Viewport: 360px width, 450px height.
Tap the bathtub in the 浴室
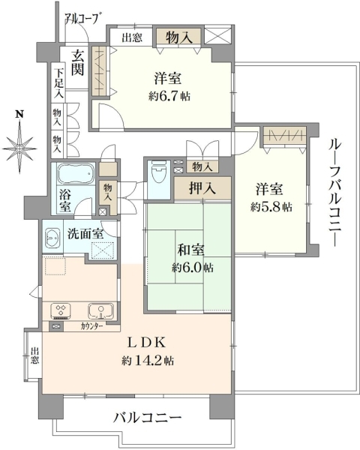pos(76,173)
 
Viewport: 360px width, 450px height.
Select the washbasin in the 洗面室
pos(52,237)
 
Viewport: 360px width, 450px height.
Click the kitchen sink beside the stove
pos(100,311)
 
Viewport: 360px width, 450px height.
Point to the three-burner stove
pos(61,311)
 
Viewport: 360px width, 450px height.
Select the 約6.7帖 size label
pos(169,96)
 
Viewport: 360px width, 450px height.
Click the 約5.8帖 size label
pos(271,207)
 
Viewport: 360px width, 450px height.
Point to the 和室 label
pos(191,250)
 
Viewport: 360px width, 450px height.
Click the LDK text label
pos(147,343)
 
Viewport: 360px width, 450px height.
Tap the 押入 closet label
pos(202,188)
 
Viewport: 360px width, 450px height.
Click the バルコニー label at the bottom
pos(147,418)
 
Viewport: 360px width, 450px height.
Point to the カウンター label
pos(91,326)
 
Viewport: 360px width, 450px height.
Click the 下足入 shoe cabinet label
pos(59,83)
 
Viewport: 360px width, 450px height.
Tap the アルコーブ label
pos(83,18)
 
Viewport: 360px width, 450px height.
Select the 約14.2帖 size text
pos(148,360)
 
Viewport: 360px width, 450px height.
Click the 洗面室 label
pos(85,234)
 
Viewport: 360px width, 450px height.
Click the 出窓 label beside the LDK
pos(34,356)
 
